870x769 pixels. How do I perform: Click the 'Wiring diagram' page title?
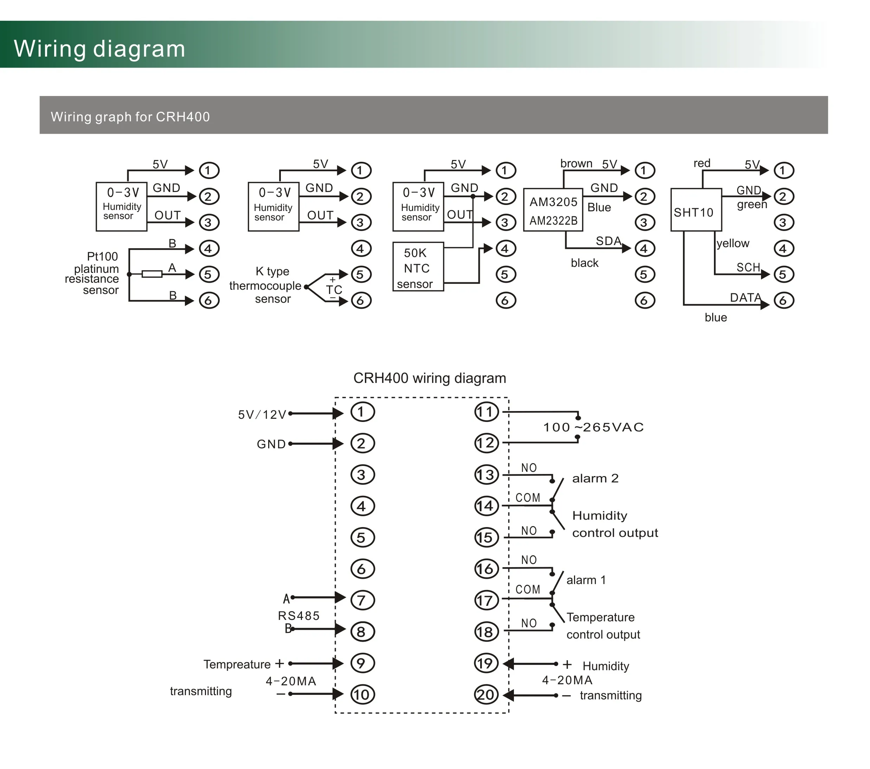tap(99, 49)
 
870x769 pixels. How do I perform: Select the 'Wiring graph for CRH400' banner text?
tap(130, 117)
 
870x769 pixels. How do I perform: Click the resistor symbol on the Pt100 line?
tap(152, 274)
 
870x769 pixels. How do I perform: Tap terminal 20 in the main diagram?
tap(486, 695)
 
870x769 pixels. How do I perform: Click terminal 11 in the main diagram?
tap(486, 412)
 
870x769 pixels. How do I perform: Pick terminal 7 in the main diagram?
tap(362, 600)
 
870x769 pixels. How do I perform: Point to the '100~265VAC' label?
tap(593, 427)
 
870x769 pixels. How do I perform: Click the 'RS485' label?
tap(298, 616)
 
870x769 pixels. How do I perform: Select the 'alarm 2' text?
tap(595, 478)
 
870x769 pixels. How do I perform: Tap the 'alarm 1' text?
tap(586, 580)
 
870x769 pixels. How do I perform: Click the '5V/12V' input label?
tap(262, 415)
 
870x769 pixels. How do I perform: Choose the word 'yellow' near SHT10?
tap(733, 244)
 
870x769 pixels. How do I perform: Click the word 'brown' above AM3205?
tap(576, 164)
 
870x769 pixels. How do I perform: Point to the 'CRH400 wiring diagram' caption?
tap(430, 378)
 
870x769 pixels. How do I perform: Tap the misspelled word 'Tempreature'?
tap(237, 664)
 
